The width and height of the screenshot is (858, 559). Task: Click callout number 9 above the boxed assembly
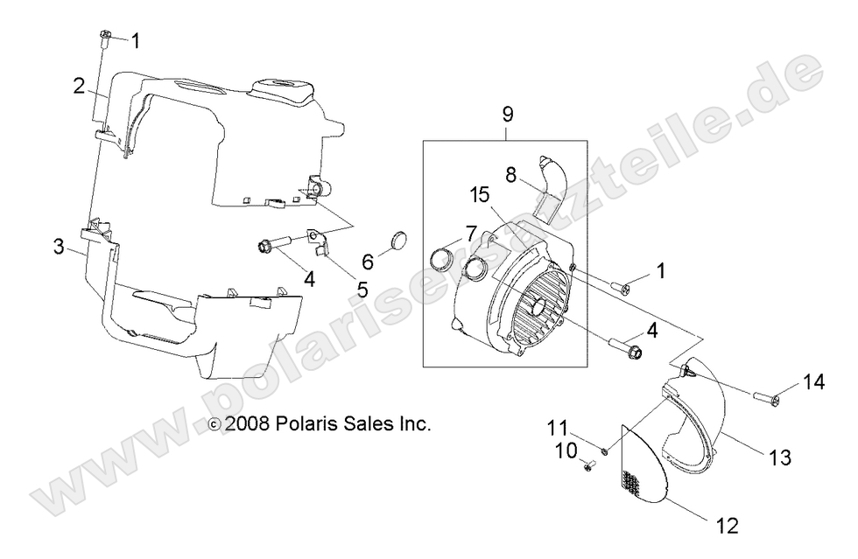tap(507, 115)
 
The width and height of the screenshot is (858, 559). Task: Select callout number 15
tap(480, 194)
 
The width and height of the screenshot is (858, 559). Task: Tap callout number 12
tap(728, 526)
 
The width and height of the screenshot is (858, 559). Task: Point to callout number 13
tap(780, 457)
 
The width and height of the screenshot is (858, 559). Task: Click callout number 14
tap(813, 381)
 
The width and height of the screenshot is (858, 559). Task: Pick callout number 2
tap(80, 86)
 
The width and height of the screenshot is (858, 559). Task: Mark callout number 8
tap(510, 176)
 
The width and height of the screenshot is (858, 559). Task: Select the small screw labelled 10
tap(589, 466)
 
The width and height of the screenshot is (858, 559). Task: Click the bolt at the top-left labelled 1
tap(104, 37)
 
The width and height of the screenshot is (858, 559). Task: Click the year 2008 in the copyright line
tap(247, 423)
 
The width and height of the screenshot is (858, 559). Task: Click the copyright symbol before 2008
tap(214, 424)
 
